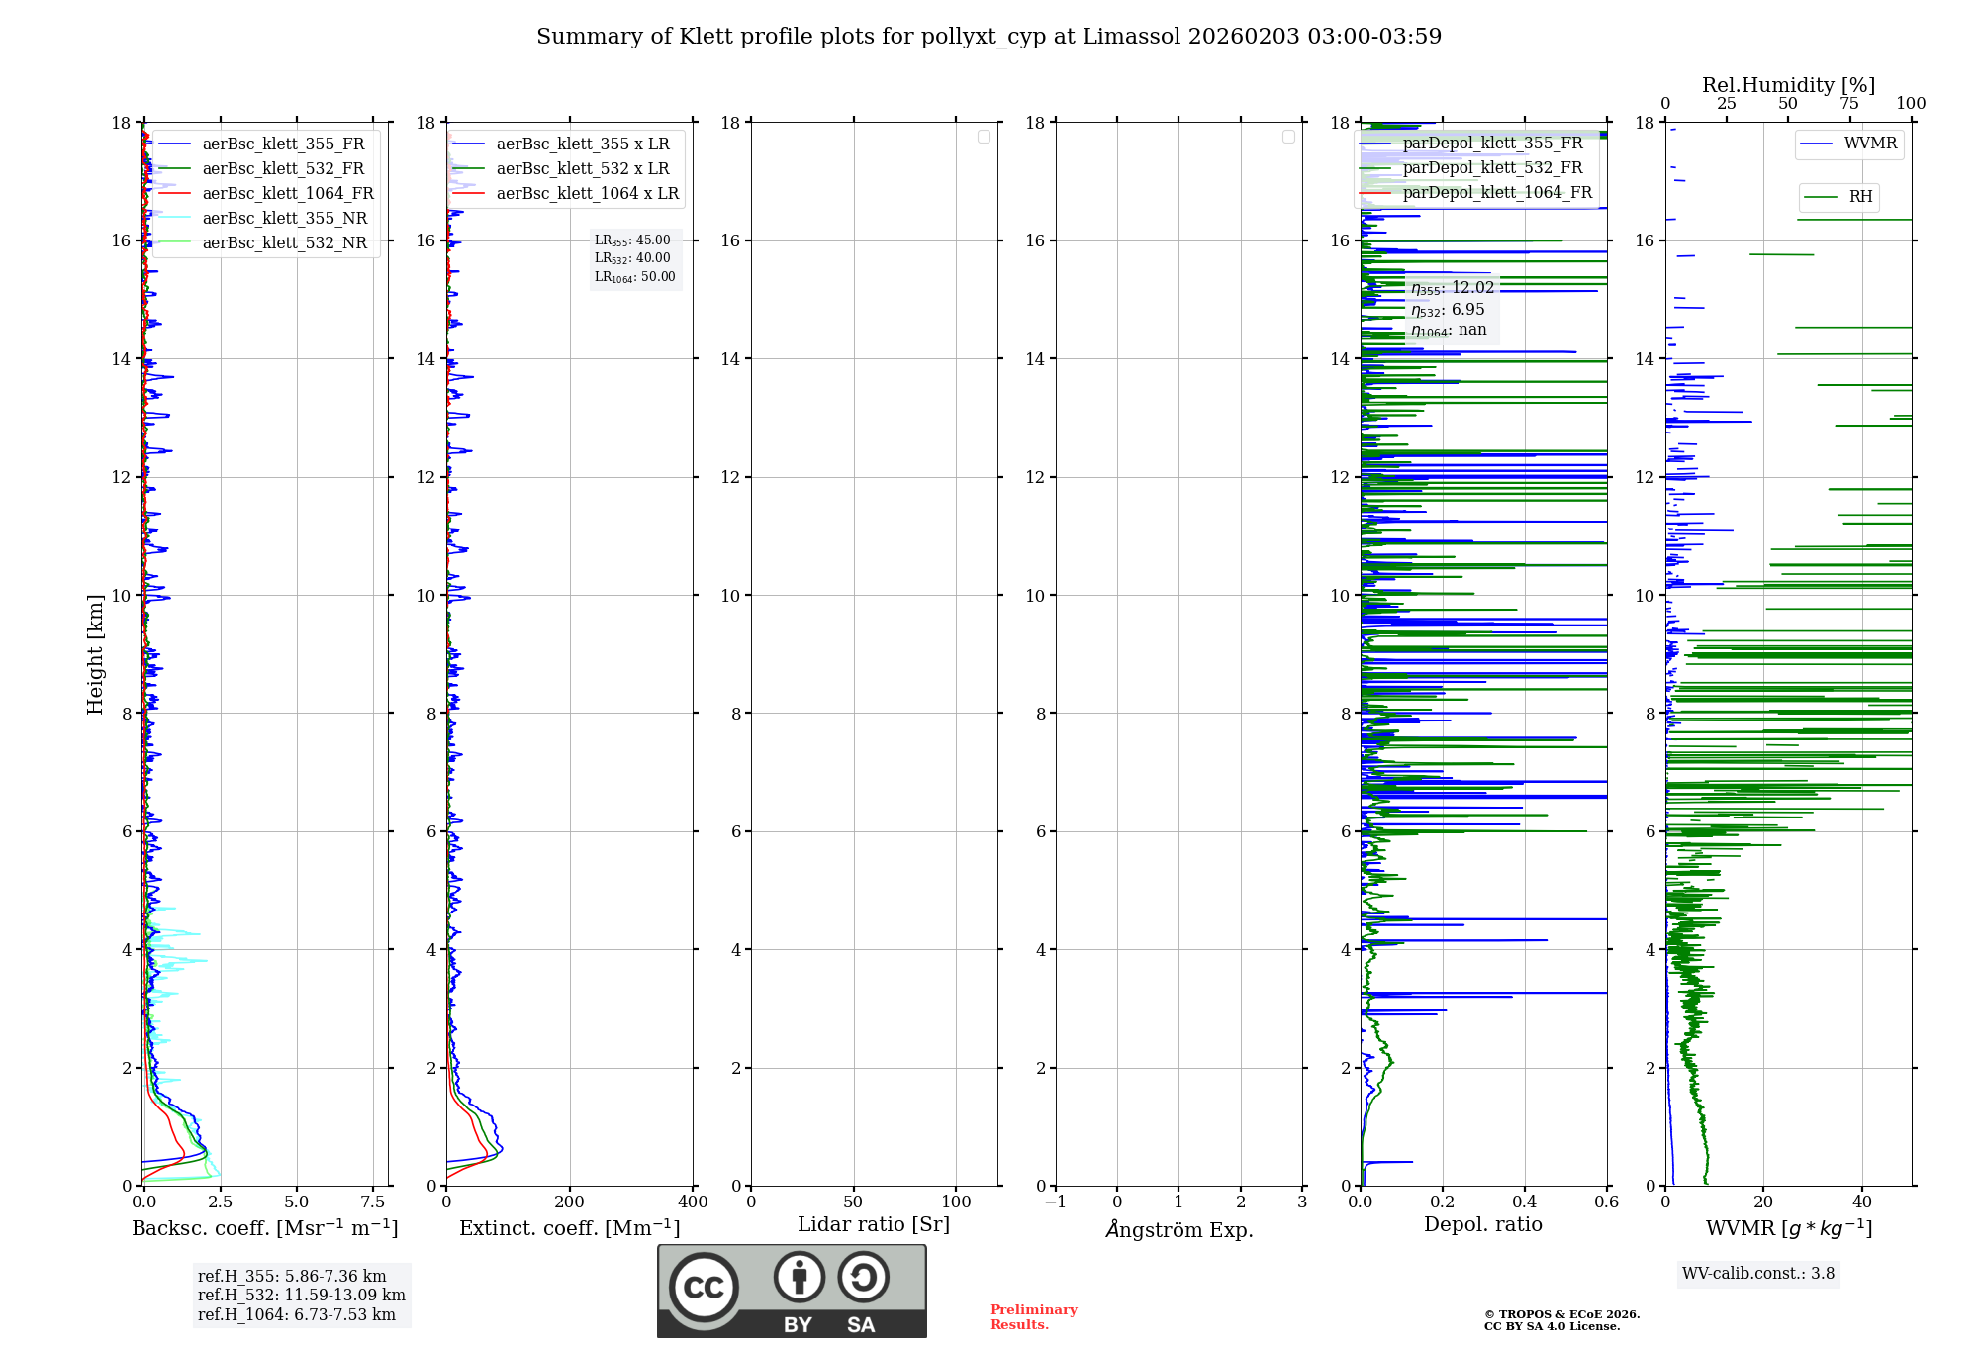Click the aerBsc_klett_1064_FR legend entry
[x=287, y=193]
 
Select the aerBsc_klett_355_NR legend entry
[x=284, y=218]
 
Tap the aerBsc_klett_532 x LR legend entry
[x=582, y=168]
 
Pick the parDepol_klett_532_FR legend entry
[x=1492, y=167]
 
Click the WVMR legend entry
[x=1870, y=144]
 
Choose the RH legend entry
[x=1860, y=197]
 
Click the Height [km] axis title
[x=95, y=653]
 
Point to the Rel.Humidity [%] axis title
[x=1788, y=85]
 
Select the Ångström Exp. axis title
[x=1178, y=1229]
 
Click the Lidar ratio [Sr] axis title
[x=873, y=1224]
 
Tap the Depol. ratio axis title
[x=1482, y=1224]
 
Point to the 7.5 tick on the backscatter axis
[x=373, y=1202]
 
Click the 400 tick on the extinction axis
[x=693, y=1202]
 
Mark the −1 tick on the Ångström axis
[x=1055, y=1202]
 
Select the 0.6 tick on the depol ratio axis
[x=1606, y=1202]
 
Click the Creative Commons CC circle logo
[x=704, y=1288]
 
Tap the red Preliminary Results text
[x=1033, y=1316]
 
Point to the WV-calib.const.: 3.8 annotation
[x=1757, y=1273]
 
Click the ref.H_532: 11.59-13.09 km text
[x=301, y=1295]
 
